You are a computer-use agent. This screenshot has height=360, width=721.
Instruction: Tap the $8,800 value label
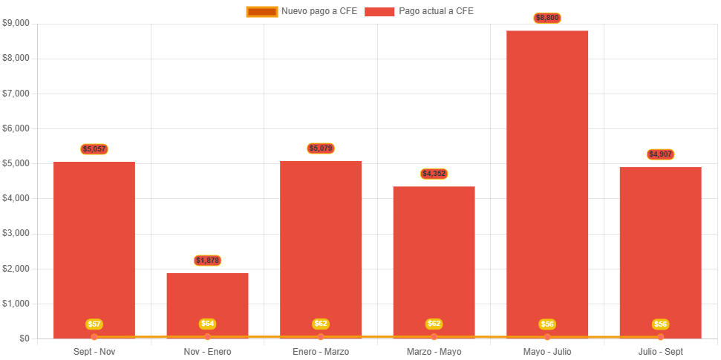tap(547, 18)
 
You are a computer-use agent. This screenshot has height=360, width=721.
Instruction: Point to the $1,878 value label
tap(208, 261)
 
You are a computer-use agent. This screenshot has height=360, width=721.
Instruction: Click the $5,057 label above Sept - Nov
tap(94, 149)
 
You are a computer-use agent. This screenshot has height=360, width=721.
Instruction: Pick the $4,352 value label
tap(434, 174)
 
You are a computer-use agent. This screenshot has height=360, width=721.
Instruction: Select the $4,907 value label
tap(660, 154)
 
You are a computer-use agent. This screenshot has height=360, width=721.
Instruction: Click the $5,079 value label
tap(321, 148)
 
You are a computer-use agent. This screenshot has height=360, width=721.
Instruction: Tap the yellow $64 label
tap(208, 324)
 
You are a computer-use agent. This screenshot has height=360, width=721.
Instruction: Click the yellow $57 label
tap(94, 324)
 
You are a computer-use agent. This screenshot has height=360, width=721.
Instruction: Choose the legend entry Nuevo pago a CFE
tap(301, 11)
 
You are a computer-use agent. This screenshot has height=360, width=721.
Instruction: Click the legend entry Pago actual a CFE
tap(420, 11)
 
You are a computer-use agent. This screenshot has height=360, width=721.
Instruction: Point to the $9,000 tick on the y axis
tap(16, 23)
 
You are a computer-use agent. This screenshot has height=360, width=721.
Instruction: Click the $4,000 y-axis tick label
tap(16, 198)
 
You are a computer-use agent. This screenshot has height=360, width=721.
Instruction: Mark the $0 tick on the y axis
tap(25, 338)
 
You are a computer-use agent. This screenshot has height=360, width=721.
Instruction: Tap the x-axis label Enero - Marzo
tap(321, 351)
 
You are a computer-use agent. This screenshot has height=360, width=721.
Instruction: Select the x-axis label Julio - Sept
tap(660, 351)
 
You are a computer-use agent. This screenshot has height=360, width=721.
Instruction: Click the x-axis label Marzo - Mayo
tap(434, 351)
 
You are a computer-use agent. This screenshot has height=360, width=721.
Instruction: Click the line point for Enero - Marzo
tap(321, 337)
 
